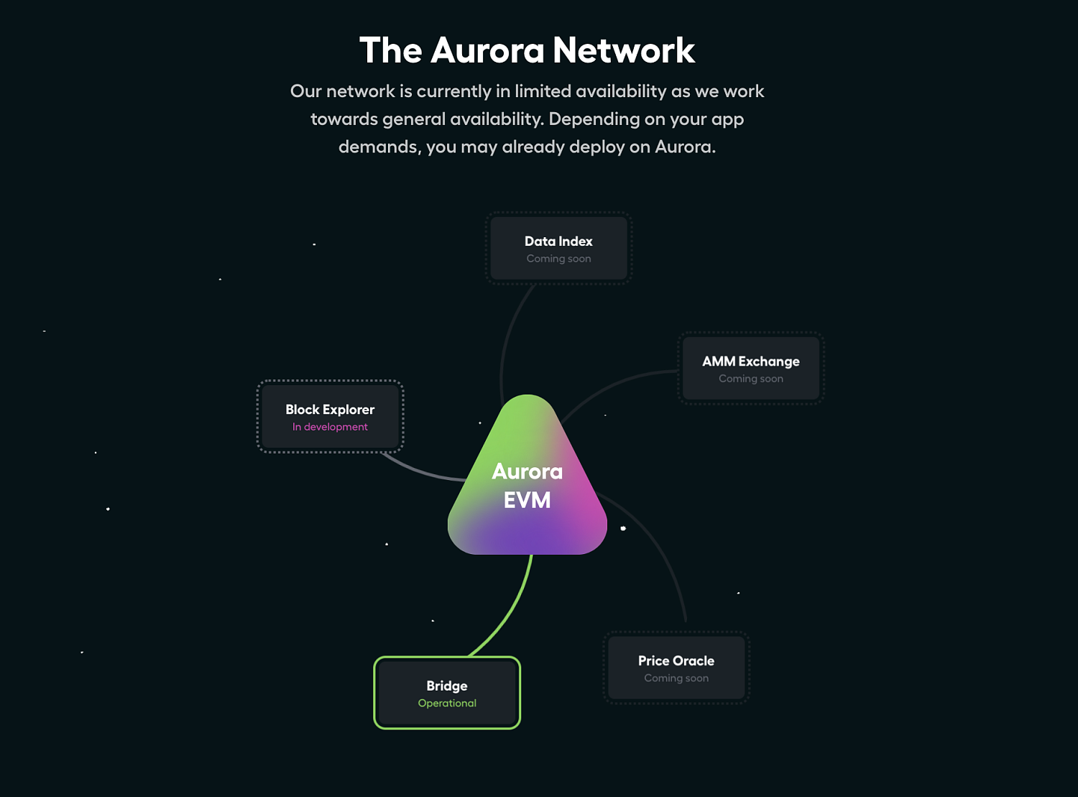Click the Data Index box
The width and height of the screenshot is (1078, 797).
(x=558, y=249)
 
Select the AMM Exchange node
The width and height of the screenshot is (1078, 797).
(x=751, y=369)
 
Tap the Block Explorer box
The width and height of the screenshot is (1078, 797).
(x=330, y=417)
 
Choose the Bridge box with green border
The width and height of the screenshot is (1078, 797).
(x=447, y=693)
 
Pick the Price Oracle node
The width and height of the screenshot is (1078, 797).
(x=676, y=668)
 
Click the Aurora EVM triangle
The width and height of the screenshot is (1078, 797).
(x=528, y=481)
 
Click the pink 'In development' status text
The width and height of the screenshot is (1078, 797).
(x=330, y=427)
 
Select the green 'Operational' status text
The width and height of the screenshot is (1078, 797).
(x=447, y=703)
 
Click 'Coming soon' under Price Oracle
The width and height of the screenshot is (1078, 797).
(x=676, y=678)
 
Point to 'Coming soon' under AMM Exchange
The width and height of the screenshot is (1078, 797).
(x=751, y=379)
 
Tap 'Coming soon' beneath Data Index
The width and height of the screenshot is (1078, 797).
(x=558, y=259)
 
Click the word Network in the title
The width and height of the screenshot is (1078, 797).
(x=624, y=50)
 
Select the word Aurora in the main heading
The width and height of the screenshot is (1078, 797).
(x=487, y=50)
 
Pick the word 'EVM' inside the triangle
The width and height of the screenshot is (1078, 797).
(x=528, y=500)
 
